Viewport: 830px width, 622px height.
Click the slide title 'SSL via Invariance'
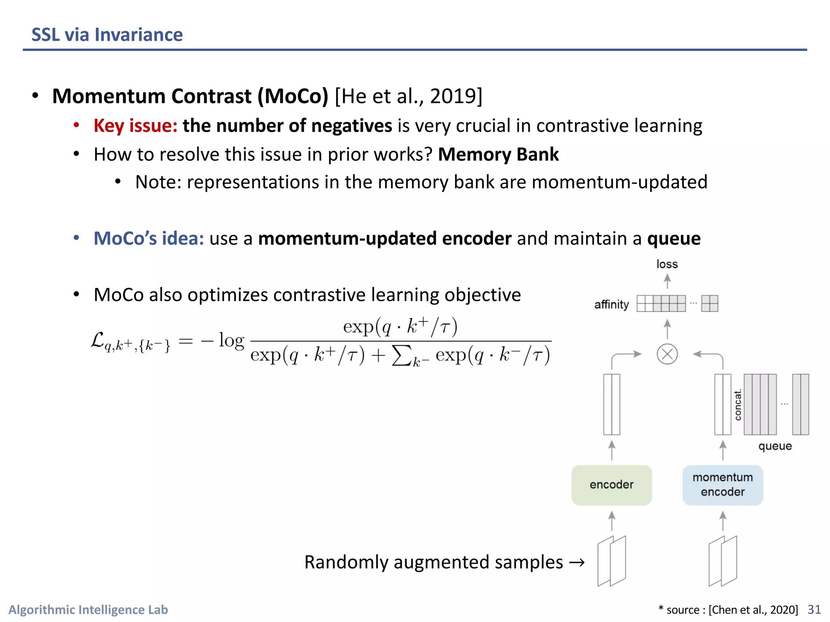(107, 35)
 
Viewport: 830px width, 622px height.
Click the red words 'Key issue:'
(135, 126)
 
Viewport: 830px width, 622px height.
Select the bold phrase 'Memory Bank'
(498, 154)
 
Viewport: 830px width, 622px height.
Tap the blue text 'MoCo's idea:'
(149, 238)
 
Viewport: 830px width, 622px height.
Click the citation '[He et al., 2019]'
(409, 96)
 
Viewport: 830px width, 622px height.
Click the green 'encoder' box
(611, 485)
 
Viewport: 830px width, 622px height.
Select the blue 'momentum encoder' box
(723, 485)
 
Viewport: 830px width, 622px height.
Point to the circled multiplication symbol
(667, 354)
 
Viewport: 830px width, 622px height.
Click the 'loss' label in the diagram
(667, 264)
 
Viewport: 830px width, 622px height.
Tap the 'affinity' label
(611, 305)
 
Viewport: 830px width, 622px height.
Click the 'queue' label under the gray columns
(775, 446)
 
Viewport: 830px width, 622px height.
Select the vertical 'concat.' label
(738, 405)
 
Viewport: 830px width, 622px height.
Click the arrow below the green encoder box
(612, 521)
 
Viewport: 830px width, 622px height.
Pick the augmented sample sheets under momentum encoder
(723, 561)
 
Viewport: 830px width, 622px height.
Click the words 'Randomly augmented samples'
(434, 562)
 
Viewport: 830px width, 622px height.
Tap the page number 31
(814, 609)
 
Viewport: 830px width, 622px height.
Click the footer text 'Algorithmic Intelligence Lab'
(88, 609)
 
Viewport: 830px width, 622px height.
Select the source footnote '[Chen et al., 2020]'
(753, 609)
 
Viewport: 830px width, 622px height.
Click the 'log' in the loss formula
(231, 341)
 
